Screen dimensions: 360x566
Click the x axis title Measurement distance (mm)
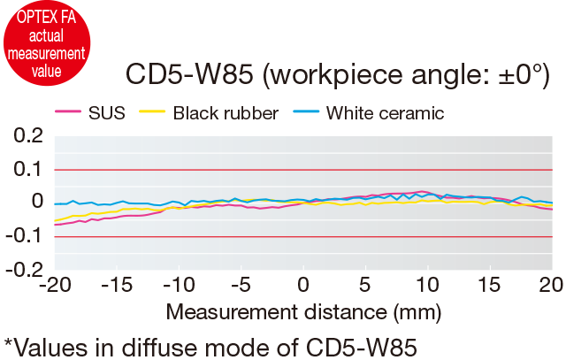pos(302,312)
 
